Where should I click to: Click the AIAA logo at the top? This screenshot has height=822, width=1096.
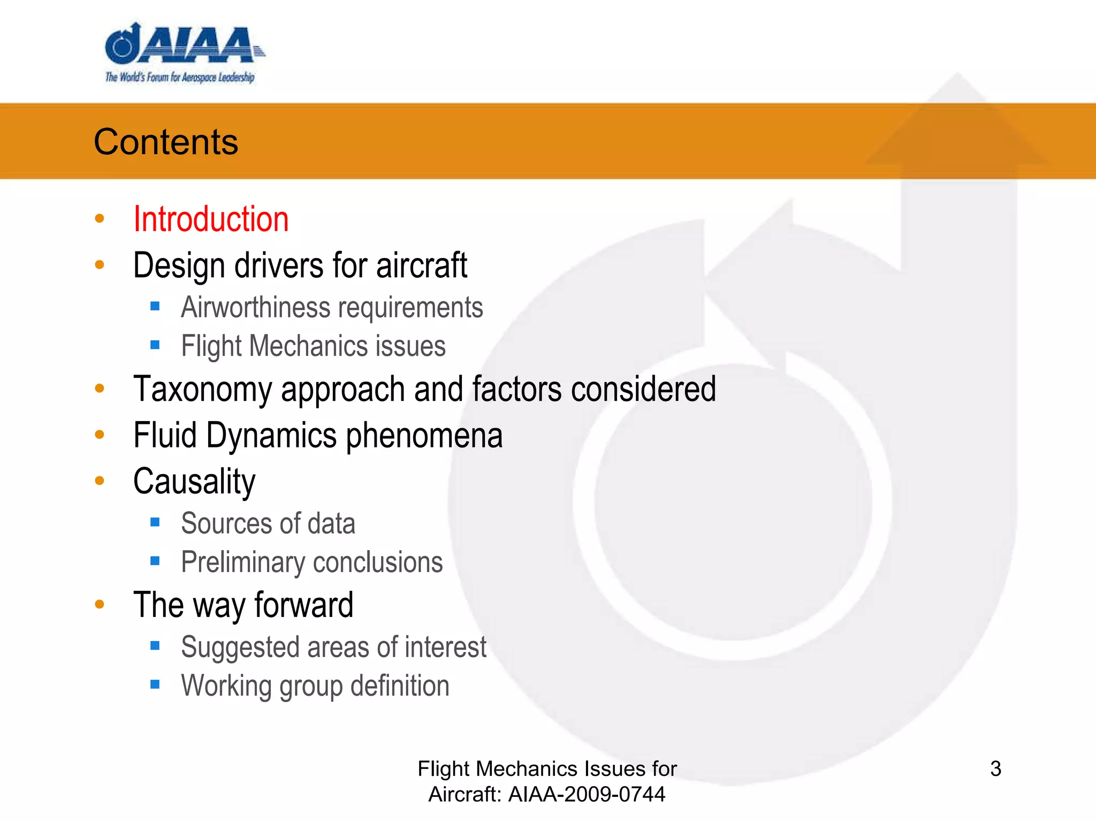click(x=182, y=45)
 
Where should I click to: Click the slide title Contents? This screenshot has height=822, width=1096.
click(x=166, y=142)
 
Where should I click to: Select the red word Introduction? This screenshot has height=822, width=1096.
click(x=211, y=219)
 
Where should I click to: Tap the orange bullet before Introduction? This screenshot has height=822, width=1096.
click(x=100, y=218)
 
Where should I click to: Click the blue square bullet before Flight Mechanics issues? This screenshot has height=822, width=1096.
click(x=155, y=345)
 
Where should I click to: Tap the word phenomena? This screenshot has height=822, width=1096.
click(x=424, y=435)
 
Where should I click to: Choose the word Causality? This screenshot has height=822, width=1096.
click(x=194, y=481)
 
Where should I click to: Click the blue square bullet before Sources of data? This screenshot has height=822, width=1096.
click(x=155, y=522)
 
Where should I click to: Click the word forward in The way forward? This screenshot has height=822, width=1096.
click(x=304, y=605)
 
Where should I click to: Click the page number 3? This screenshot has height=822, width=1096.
click(x=995, y=769)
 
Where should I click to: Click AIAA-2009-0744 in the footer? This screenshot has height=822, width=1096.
click(x=587, y=795)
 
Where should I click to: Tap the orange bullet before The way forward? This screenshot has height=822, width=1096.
click(x=100, y=605)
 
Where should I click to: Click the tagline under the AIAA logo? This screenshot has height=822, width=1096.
click(x=180, y=78)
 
